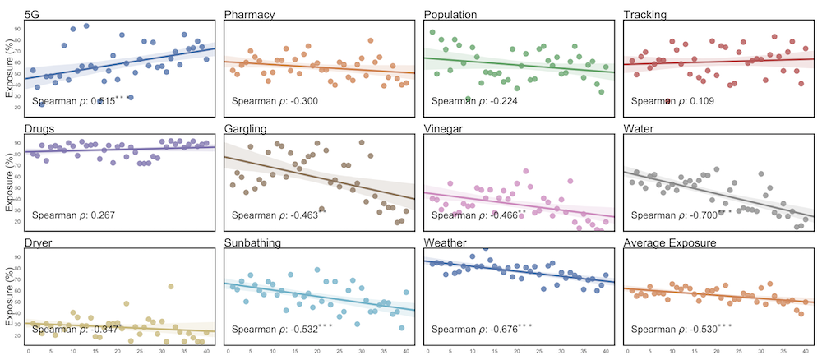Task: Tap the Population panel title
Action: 453,14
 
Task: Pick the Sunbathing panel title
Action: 256,243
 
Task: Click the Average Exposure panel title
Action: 672,243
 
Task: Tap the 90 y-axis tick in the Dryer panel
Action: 18,257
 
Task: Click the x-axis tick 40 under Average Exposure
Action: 806,353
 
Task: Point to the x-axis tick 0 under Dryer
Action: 29,353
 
